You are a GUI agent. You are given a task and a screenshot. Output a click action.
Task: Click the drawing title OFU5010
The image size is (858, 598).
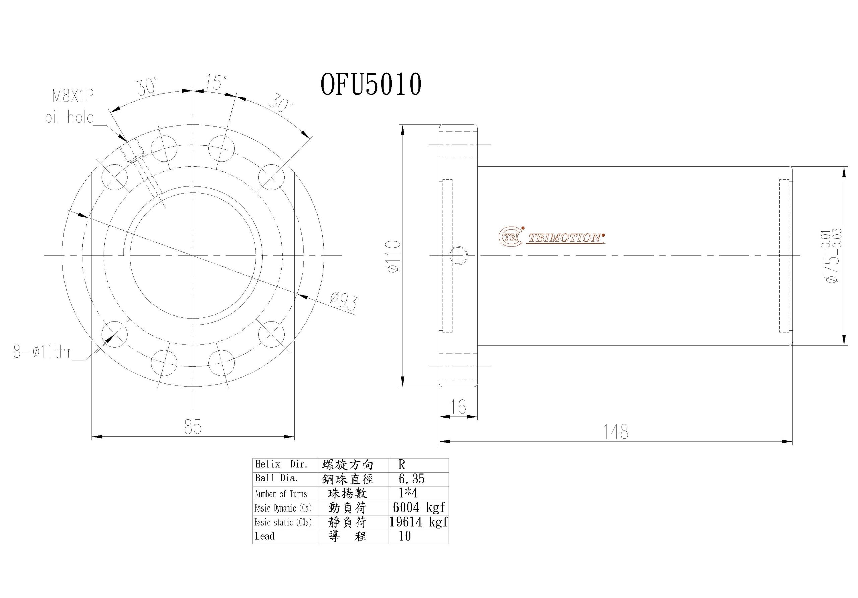[x=371, y=84]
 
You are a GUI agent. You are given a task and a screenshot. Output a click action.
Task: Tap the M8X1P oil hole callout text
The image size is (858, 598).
[x=69, y=107]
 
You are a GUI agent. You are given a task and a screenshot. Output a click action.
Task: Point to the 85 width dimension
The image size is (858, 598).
[x=193, y=427]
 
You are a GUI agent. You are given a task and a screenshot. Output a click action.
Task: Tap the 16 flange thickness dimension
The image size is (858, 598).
[x=458, y=407]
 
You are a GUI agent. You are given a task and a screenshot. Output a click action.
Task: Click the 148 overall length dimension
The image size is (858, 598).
[x=616, y=432]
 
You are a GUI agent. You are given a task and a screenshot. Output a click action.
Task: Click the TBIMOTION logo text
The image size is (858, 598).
[x=565, y=238]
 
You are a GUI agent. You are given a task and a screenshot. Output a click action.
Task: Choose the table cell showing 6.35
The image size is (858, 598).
[x=412, y=479]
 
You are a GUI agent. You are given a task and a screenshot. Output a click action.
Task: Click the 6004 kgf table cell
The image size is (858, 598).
[x=419, y=507]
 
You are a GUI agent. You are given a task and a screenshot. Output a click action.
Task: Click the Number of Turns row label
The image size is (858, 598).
[x=281, y=494]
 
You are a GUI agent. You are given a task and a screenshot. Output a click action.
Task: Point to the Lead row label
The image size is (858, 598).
[x=264, y=536]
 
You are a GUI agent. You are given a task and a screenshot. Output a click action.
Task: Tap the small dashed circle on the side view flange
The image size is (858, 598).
[x=458, y=256]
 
